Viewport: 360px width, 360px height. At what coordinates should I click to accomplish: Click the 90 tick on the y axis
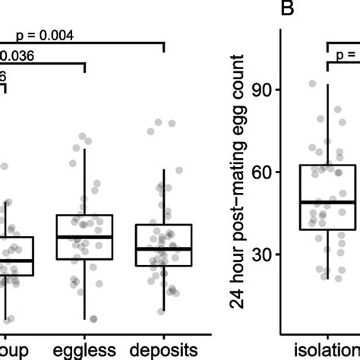pos(267,90)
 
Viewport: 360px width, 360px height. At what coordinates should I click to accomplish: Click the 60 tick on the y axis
pos(267,172)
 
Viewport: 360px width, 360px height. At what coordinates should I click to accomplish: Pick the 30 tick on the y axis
pos(267,254)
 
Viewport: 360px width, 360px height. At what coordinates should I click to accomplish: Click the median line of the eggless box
pos(84,237)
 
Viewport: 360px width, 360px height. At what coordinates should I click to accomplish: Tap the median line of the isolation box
pos(328,202)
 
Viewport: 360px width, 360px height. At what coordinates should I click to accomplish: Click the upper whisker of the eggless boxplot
pos(84,182)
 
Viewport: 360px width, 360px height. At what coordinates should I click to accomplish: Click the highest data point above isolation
pos(312,84)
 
